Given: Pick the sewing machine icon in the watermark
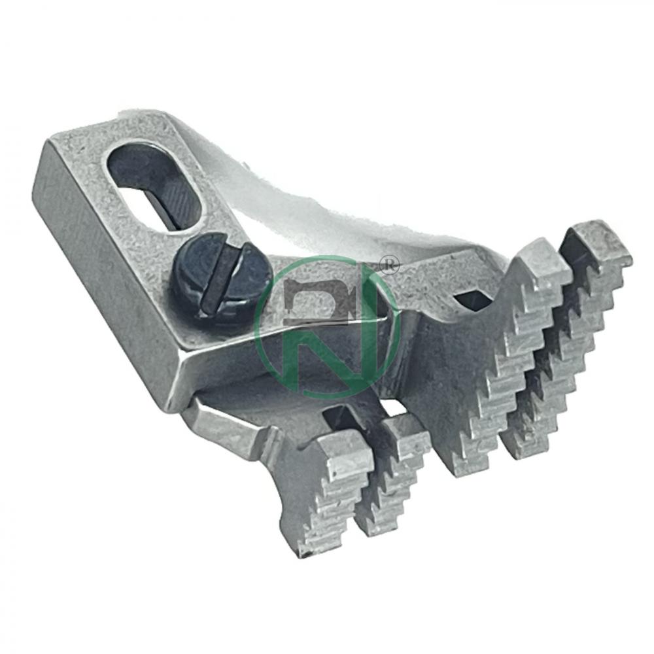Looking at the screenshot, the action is coord(320,300).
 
